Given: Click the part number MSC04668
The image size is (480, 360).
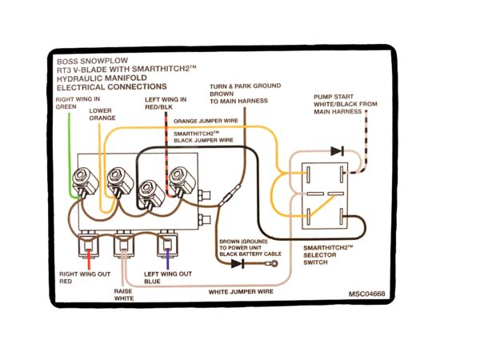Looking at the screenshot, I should (366, 294).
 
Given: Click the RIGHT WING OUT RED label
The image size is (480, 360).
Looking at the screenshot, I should (80, 278).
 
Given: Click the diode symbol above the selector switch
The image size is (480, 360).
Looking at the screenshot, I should (338, 150).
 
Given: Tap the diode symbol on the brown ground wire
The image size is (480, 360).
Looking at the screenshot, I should (237, 263).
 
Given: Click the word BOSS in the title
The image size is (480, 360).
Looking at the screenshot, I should (70, 61).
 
